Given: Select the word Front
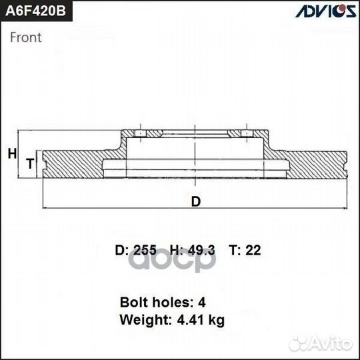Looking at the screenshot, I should coord(26,37).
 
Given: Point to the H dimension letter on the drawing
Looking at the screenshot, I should coord(11,154).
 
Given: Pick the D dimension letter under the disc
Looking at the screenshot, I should coord(195,201).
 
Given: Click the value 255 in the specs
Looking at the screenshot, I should coord(145,251).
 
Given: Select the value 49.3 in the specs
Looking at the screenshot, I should coord(203,251).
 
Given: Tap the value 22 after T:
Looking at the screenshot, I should coord(254,251).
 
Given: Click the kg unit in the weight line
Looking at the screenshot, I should coord(216,321).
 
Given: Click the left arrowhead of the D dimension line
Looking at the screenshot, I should coord(45,209).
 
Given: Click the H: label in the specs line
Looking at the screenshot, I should coord(177,251).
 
